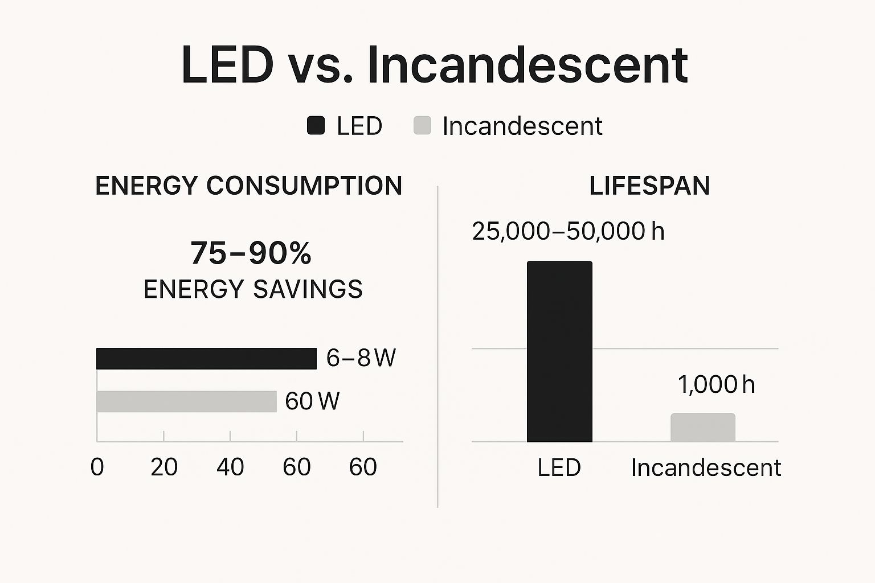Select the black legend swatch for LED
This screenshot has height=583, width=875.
tap(316, 125)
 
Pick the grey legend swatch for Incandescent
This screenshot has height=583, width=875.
tap(422, 125)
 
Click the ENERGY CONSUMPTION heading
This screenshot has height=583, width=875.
tap(248, 186)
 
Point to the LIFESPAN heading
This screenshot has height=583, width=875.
tap(649, 186)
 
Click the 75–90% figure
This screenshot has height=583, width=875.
tap(251, 253)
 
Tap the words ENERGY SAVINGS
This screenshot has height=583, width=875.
tap(253, 289)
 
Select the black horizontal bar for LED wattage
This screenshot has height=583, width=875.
tap(206, 359)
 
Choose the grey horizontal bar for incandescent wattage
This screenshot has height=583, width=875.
tap(186, 401)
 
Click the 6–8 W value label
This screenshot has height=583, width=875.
tap(361, 358)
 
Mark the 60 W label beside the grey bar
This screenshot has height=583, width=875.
tap(312, 401)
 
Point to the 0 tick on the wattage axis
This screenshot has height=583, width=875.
tap(97, 467)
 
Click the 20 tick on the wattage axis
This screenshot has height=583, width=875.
tap(164, 467)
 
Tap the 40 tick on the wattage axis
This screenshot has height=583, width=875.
tap(230, 467)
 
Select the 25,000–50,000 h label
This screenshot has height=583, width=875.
tap(568, 231)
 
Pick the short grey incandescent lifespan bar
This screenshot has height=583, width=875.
tap(702, 428)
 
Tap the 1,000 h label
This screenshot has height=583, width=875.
tap(716, 385)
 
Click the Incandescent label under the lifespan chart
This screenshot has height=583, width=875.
tap(706, 468)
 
